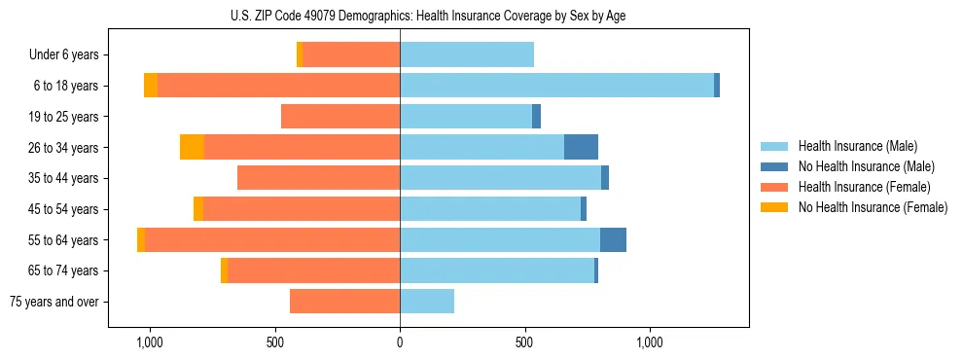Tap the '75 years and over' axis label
point(54,302)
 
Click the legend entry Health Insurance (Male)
point(857,146)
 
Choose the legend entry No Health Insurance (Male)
point(866,166)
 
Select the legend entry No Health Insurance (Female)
point(873,207)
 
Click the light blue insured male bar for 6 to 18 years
point(556,86)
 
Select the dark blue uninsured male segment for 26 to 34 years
point(581,147)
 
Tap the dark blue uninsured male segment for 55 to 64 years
point(613,239)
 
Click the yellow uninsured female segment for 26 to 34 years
point(192,147)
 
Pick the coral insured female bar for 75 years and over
point(344,302)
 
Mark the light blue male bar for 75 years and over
point(427,302)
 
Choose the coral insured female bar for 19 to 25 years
point(340,117)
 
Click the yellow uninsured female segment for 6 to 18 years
point(151,86)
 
